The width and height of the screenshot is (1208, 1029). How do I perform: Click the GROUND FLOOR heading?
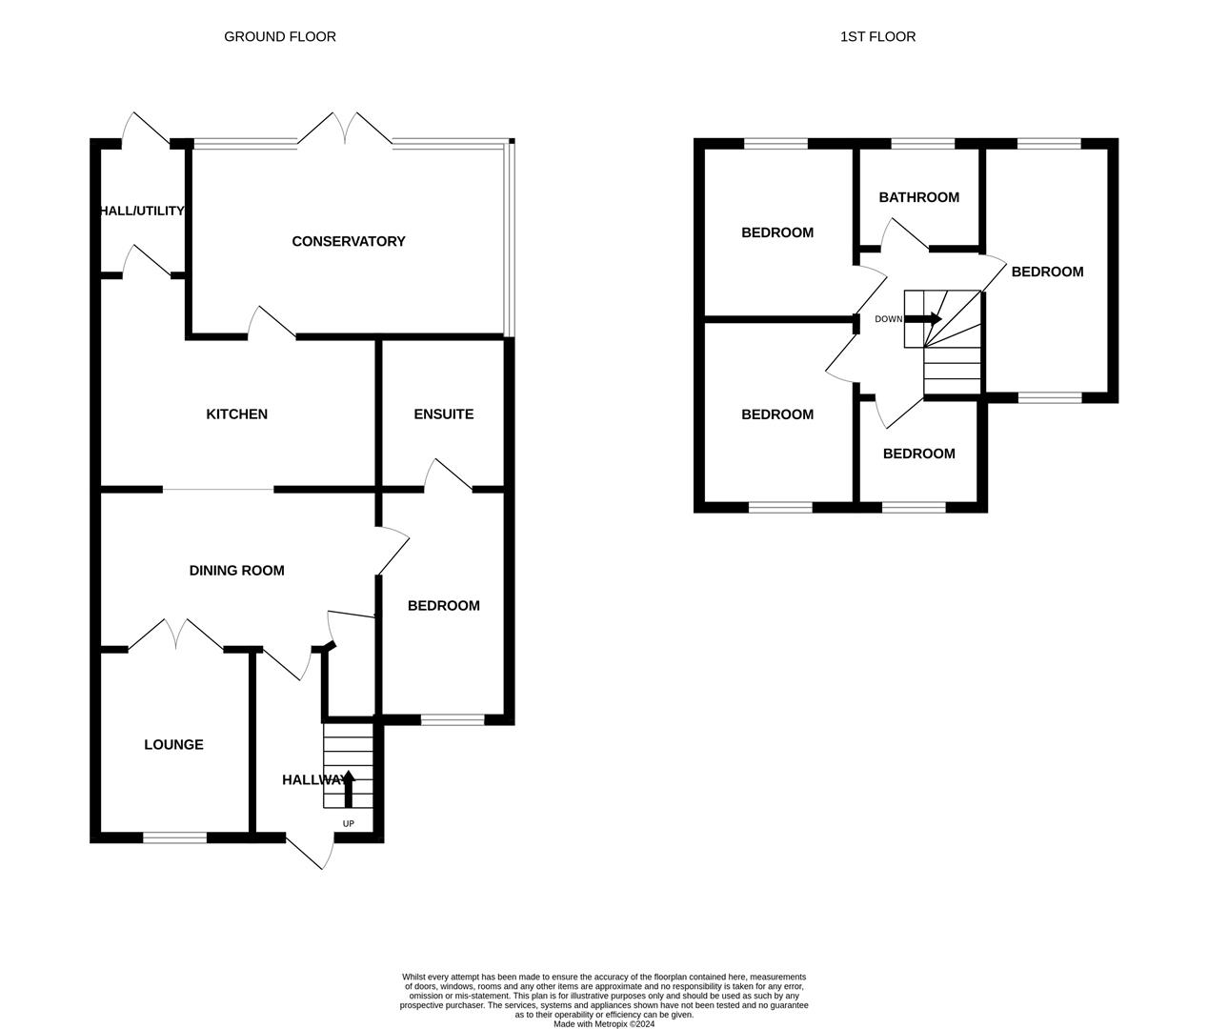click(279, 37)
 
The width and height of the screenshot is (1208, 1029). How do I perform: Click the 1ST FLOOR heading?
click(877, 37)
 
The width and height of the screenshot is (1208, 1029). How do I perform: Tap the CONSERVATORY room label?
click(349, 242)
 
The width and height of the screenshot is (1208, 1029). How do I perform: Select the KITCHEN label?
click(237, 414)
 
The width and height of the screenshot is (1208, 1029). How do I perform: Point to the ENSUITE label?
click(444, 414)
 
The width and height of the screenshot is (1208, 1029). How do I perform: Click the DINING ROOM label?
click(237, 571)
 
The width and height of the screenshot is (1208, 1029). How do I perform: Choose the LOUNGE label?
click(173, 745)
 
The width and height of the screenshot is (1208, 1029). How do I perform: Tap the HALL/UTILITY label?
click(142, 211)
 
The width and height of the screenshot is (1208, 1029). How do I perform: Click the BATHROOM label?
click(918, 198)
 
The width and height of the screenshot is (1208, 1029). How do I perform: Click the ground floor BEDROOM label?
click(444, 606)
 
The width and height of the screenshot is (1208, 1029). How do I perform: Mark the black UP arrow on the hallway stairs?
click(348, 789)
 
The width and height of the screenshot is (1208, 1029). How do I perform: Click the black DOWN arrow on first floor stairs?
click(923, 319)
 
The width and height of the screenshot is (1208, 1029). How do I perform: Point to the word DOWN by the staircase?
click(888, 319)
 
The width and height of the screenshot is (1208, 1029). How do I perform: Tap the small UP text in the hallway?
click(348, 824)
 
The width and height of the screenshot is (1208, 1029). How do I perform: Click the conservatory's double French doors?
click(344, 131)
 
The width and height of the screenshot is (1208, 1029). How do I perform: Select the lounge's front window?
click(174, 837)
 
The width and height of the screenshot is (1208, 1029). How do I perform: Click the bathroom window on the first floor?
click(922, 144)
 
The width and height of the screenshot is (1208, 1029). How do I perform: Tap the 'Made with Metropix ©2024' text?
click(604, 1024)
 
